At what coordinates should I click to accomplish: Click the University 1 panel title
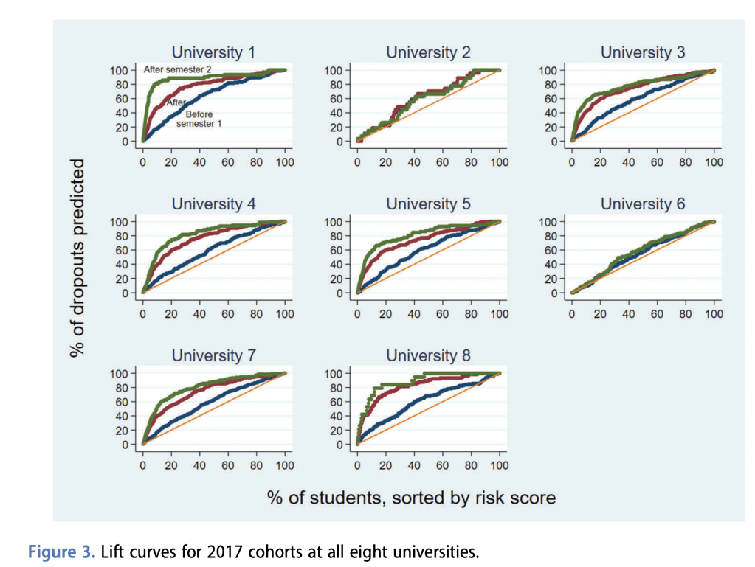pyautogui.click(x=213, y=52)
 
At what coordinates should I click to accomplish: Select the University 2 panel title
pyautogui.click(x=428, y=52)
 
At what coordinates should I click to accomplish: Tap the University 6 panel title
pyautogui.click(x=643, y=204)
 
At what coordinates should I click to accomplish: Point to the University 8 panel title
pyautogui.click(x=428, y=355)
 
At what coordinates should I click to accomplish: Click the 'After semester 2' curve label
pyautogui.click(x=176, y=69)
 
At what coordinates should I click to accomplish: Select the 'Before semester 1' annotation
pyautogui.click(x=199, y=119)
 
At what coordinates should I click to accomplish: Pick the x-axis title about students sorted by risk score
pyautogui.click(x=411, y=498)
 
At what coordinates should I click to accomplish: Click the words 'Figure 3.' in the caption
pyautogui.click(x=61, y=550)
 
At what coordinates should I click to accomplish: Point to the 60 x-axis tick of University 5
pyautogui.click(x=442, y=313)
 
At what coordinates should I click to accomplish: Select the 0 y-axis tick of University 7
pyautogui.click(x=125, y=445)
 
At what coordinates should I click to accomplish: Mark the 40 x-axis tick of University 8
pyautogui.click(x=413, y=465)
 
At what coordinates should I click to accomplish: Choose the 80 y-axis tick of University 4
pyautogui.click(x=122, y=236)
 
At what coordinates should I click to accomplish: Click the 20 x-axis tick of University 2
pyautogui.click(x=385, y=162)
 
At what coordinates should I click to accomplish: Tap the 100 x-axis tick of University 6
pyautogui.click(x=714, y=313)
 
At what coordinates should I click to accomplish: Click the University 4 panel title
pyautogui.click(x=213, y=204)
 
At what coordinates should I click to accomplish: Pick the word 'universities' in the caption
pyautogui.click(x=439, y=550)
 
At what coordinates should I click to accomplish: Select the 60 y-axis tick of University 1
pyautogui.click(x=122, y=99)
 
